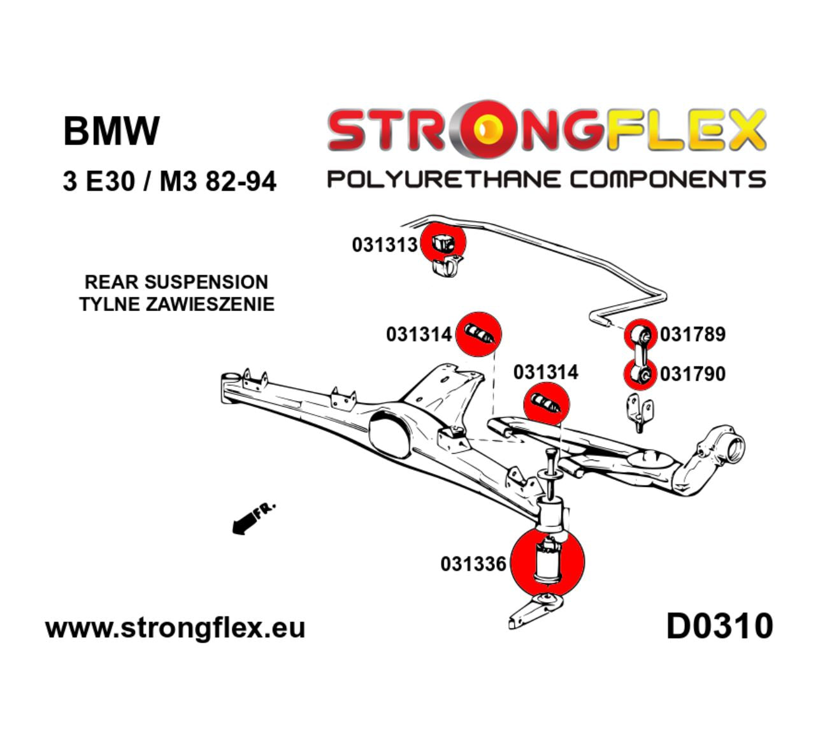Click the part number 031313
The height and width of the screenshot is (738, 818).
[384, 245]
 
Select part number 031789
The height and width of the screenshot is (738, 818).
[692, 334]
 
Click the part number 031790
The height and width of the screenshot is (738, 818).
[692, 373]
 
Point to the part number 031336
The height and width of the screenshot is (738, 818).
[473, 563]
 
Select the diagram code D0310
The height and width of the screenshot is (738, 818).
[719, 626]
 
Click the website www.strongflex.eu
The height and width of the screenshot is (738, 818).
[175, 628]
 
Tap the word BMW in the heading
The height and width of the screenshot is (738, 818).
[111, 131]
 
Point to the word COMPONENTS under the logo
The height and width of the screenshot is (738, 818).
[667, 179]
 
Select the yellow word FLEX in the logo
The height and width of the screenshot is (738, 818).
[682, 131]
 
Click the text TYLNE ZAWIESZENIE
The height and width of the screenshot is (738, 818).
[176, 304]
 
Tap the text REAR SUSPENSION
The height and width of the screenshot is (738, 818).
[176, 282]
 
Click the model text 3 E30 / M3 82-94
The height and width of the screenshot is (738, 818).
[169, 182]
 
